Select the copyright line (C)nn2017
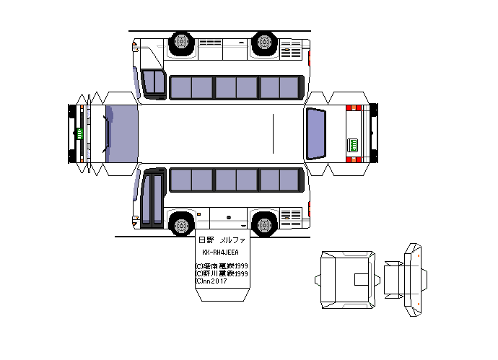pos(211,281)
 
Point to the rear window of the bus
pos(317,133)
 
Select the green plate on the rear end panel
pos(354,144)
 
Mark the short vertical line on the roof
pos(273,133)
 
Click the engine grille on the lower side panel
pos(292,216)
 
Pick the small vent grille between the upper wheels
pos(211,43)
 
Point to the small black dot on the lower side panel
pos(228,216)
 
